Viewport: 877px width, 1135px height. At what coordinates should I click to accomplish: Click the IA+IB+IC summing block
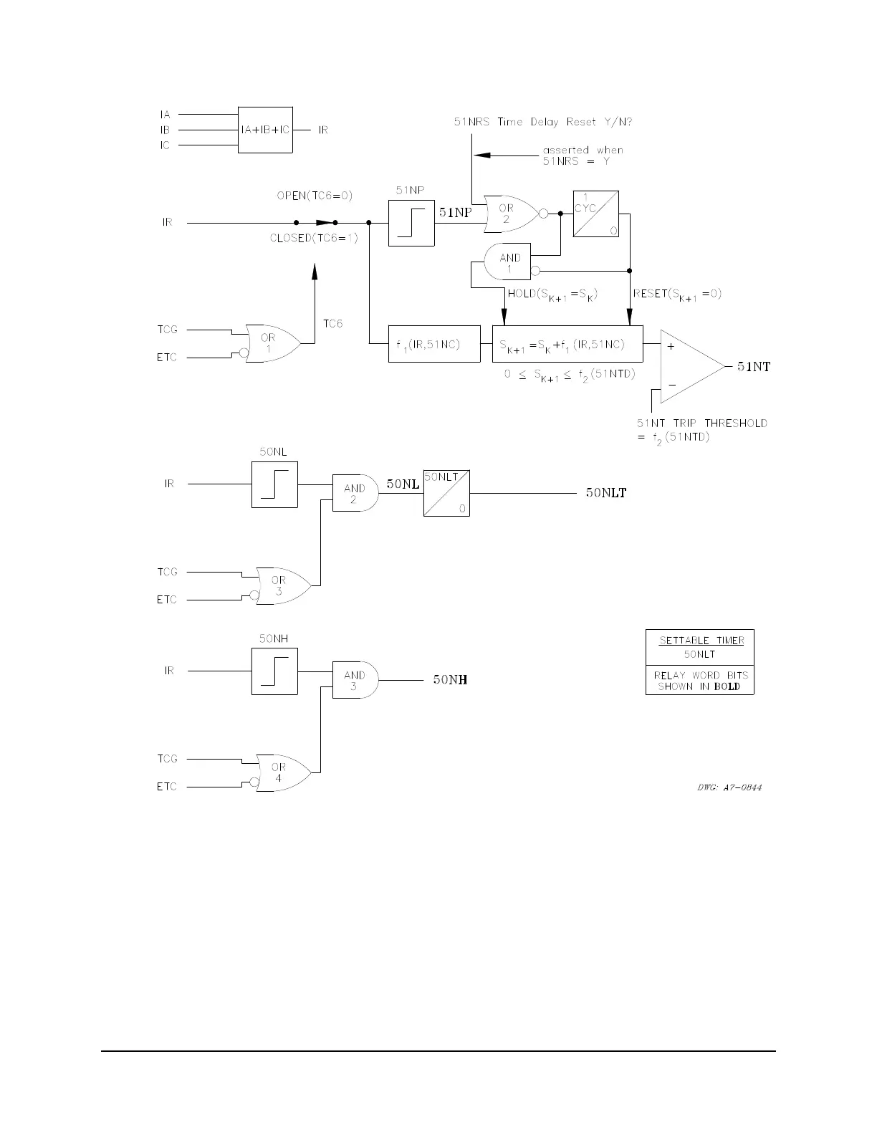pos(265,130)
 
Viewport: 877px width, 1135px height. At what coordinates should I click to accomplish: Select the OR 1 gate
pos(271,343)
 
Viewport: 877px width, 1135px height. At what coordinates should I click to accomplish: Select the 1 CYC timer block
pos(595,214)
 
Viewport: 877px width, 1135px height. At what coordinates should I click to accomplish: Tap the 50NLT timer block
pos(446,494)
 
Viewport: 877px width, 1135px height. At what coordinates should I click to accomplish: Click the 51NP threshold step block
pos(411,223)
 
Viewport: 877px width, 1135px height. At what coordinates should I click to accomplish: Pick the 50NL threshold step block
pos(274,484)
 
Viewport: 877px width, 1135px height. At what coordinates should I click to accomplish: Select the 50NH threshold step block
pos(274,671)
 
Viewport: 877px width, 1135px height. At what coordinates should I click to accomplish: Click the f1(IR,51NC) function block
pos(434,345)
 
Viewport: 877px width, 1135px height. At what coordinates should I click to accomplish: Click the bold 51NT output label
pos(754,367)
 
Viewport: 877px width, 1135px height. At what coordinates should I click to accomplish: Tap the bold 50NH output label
pos(450,680)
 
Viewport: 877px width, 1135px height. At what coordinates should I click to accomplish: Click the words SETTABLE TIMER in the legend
pos(701,641)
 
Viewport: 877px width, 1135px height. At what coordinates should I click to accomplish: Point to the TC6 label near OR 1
pos(332,324)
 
